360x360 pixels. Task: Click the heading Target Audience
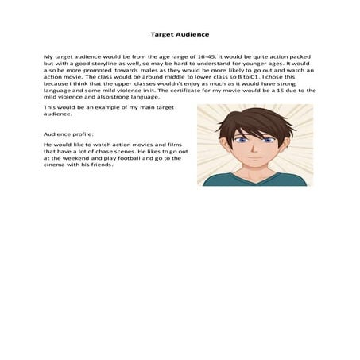pos(180,35)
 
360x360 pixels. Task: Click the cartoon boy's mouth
pos(254,159)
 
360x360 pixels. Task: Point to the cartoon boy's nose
pos(254,149)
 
